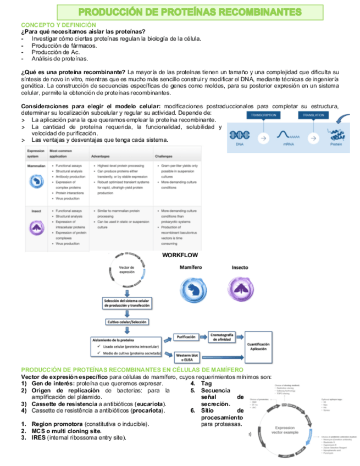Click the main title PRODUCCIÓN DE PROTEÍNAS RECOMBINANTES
click(x=190, y=12)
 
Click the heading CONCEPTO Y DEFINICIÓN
click(x=50, y=25)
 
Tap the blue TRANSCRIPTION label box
click(x=263, y=115)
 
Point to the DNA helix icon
click(x=240, y=135)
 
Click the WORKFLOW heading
click(x=180, y=255)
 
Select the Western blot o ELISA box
click(x=187, y=357)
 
